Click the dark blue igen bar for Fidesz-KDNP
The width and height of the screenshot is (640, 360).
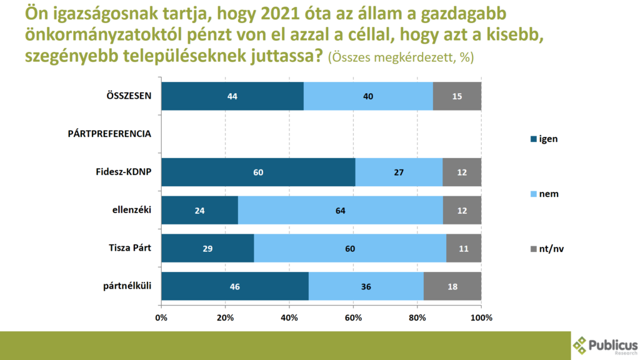[x=258, y=172]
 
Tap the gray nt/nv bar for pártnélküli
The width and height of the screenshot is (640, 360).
[x=452, y=287]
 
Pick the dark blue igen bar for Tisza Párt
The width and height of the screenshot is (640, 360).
[x=207, y=249]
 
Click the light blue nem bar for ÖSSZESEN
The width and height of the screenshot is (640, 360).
[x=368, y=96]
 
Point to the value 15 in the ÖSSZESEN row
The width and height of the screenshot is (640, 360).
[x=457, y=96]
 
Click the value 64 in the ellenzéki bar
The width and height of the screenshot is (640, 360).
[x=341, y=211]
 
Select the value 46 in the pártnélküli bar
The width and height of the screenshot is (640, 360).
[x=235, y=287]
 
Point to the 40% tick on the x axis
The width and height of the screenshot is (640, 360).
[x=289, y=317]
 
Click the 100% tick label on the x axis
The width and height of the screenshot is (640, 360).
[x=481, y=317]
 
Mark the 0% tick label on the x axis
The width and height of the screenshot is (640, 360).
[x=161, y=317]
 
